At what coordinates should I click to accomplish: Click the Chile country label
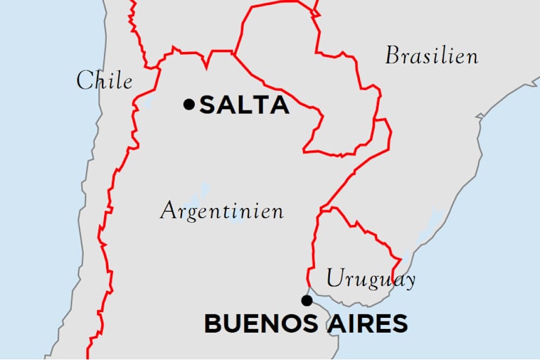coord(104,81)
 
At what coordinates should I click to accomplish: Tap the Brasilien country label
coord(431,56)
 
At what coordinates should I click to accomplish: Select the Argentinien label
coord(221,210)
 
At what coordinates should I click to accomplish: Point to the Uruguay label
coord(371,279)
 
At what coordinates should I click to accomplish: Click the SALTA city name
coord(244,105)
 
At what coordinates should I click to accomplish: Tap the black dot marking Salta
coord(188,104)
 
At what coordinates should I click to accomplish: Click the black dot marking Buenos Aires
coord(307,301)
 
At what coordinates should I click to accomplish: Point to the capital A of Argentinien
coord(169,210)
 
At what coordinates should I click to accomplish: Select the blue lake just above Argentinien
coord(205,190)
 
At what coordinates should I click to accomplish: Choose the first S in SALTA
coord(208,105)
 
